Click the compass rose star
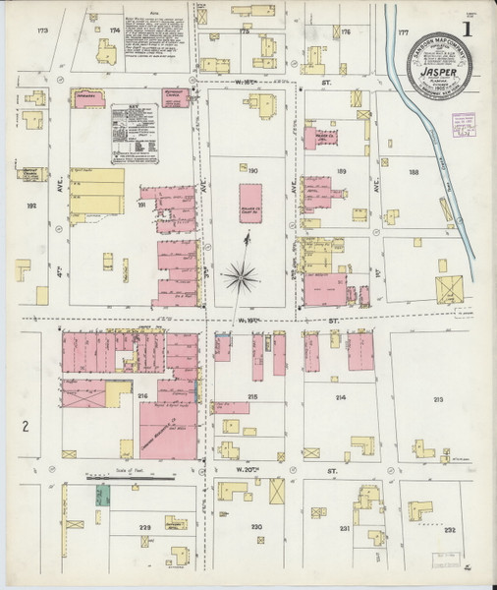[x=240, y=277]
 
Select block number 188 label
[x=413, y=173]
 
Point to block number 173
[x=41, y=32]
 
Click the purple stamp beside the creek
[x=462, y=124]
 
